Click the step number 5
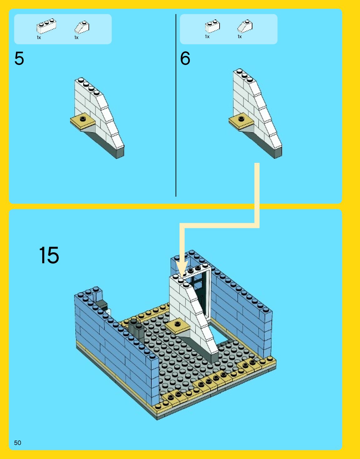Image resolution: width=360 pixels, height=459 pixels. [x=19, y=58]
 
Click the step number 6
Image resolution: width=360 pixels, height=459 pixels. [x=185, y=58]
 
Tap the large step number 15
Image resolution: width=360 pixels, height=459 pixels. [x=49, y=255]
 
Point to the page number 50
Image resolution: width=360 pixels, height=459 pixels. [x=18, y=443]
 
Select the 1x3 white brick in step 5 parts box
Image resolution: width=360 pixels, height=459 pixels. [x=46, y=26]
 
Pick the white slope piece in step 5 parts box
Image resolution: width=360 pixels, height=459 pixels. [x=82, y=27]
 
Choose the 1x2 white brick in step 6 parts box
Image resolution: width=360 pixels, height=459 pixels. [x=212, y=26]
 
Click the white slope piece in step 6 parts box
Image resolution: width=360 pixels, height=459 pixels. [x=245, y=26]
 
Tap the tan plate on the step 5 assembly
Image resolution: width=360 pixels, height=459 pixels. [x=83, y=121]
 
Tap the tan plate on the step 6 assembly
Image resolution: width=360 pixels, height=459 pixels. [x=241, y=121]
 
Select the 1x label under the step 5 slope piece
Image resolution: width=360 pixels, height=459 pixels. [x=76, y=38]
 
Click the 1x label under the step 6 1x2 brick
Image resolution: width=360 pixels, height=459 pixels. [x=207, y=37]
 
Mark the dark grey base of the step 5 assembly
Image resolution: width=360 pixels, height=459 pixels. [x=106, y=144]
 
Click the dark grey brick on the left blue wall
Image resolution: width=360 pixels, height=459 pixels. [x=102, y=304]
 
